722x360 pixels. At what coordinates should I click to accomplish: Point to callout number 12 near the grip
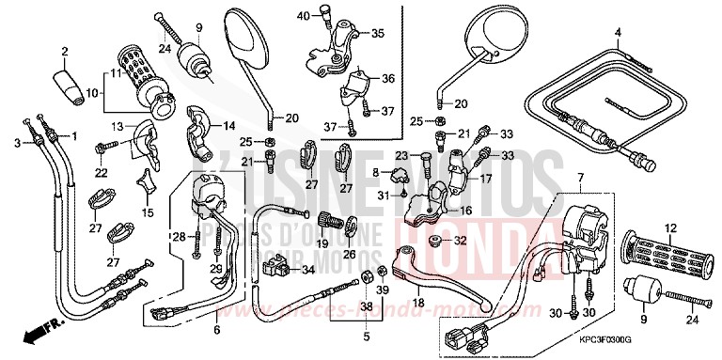pos(645,227)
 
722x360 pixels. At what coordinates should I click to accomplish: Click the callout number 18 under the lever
pos(418,303)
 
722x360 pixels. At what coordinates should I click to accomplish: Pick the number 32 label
pos(460,241)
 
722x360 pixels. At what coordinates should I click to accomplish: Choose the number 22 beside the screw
pos(101,172)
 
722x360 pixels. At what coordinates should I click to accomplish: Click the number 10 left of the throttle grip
pos(92,92)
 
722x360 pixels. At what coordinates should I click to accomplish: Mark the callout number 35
pos(378,33)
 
